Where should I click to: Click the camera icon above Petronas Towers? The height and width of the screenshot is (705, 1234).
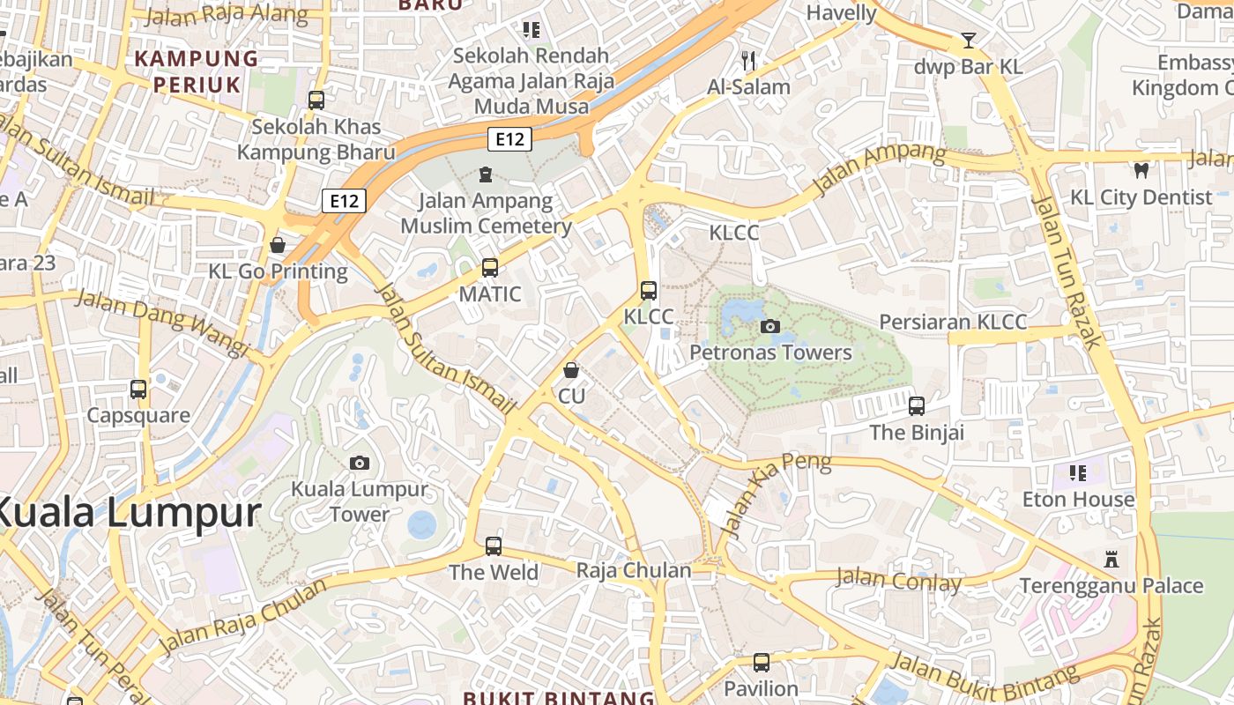[x=770, y=326]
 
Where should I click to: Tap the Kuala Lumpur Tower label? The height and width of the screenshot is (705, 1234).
[x=360, y=501]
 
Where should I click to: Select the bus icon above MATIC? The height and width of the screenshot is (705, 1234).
[x=490, y=268]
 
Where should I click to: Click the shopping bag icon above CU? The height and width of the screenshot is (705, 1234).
[x=571, y=370]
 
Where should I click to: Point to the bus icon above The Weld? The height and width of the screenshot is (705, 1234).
[x=494, y=546]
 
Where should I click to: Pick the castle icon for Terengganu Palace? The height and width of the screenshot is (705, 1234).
[x=1111, y=560]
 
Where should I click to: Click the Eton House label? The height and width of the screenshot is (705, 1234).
[x=1078, y=500]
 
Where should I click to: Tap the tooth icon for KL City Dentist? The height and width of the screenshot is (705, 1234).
[x=1141, y=171]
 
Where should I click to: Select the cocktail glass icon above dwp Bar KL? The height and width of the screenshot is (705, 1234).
[x=969, y=41]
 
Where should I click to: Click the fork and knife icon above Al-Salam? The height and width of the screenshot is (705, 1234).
[x=748, y=61]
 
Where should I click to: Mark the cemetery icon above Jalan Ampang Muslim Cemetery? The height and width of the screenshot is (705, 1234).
[x=485, y=174]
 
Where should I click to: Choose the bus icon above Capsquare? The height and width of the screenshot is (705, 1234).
[x=138, y=389]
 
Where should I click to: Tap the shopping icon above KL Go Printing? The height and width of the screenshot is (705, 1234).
[x=278, y=245]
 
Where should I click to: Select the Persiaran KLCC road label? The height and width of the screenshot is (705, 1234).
[x=953, y=322]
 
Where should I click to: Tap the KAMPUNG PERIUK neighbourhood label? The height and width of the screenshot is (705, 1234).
[x=196, y=71]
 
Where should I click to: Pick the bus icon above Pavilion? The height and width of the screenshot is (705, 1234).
[x=762, y=662]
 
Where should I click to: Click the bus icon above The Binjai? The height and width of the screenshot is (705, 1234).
[x=917, y=406]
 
